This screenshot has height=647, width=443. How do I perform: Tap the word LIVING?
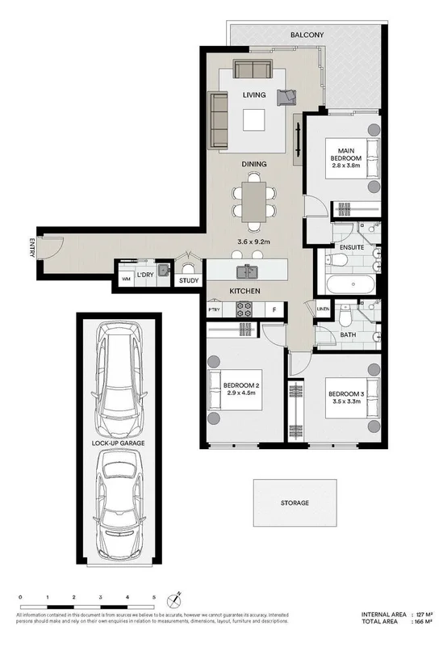[254, 95]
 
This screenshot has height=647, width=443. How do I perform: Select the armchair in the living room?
[286, 97]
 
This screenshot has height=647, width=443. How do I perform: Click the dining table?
[253, 203]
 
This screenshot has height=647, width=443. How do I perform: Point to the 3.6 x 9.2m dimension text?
[253, 241]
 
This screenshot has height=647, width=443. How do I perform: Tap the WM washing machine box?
[125, 279]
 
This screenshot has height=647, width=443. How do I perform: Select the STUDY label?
[189, 280]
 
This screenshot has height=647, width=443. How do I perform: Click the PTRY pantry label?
[214, 309]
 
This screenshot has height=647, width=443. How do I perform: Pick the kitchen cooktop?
[244, 309]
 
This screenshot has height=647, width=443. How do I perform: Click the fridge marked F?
[274, 309]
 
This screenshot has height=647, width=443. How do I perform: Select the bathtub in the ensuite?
[350, 285]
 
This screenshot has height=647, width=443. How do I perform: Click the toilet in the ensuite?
[338, 259]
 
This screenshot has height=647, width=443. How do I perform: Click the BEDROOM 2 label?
[241, 385]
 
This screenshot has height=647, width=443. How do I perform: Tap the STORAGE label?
[295, 503]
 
